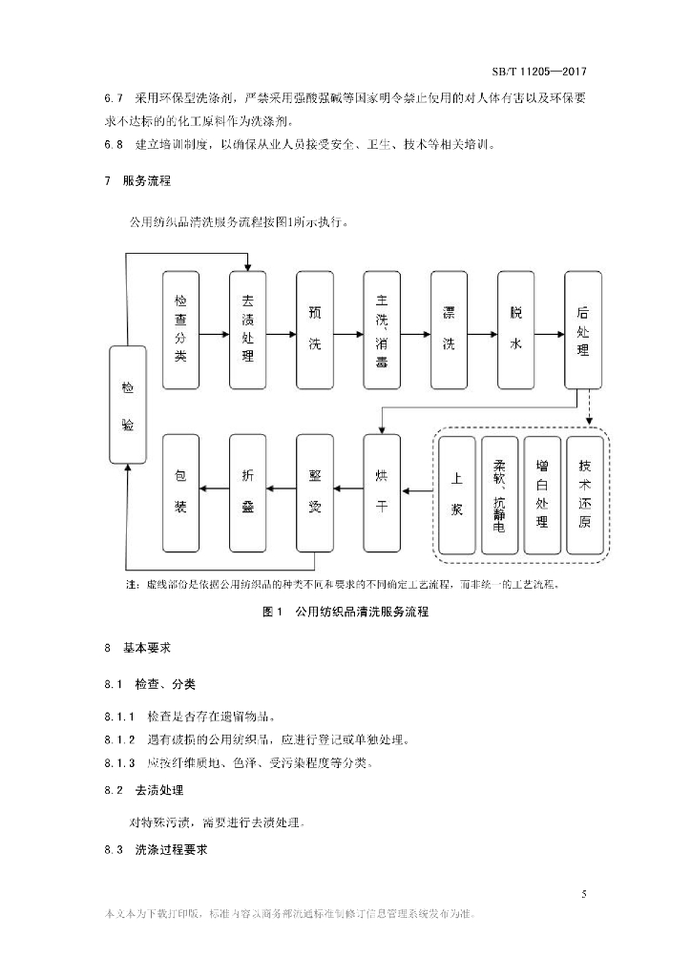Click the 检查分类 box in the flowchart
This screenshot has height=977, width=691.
[x=180, y=330]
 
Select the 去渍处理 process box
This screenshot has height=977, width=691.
[x=247, y=330]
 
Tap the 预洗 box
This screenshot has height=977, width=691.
[x=315, y=330]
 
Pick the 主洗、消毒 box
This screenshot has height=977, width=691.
[x=382, y=330]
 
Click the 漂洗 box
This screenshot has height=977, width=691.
[x=449, y=330]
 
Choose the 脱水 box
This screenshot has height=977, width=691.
[x=516, y=330]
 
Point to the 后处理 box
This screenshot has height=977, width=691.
[x=583, y=330]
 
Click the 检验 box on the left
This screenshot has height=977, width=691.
[x=128, y=405]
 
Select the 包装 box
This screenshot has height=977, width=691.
[x=180, y=492]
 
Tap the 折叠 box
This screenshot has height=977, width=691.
[x=247, y=492]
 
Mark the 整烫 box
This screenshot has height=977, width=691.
[x=315, y=492]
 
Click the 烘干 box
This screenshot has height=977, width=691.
[x=382, y=492]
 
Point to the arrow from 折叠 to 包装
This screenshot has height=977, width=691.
[x=214, y=490]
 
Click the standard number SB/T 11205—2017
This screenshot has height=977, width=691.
[x=538, y=71]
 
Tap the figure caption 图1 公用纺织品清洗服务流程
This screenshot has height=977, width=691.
[x=345, y=612]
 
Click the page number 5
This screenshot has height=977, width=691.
[x=583, y=893]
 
